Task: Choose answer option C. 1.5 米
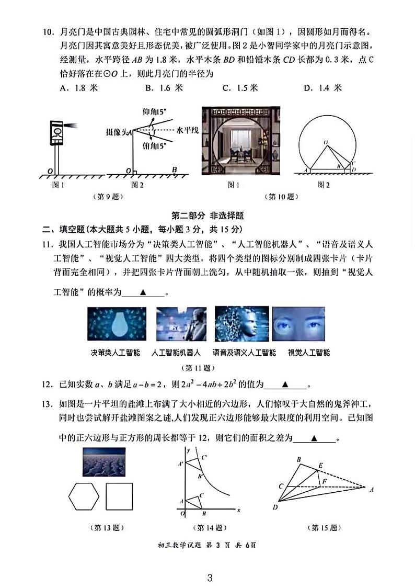tap(240, 88)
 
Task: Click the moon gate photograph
tap(240, 141)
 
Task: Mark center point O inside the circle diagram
tap(325, 142)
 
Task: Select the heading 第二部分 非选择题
tap(208, 215)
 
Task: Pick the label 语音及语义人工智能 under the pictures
tap(244, 353)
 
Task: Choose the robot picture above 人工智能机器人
tap(181, 324)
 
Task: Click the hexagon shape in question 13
tap(84, 496)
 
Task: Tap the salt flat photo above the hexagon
tap(103, 462)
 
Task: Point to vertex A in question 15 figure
tap(371, 490)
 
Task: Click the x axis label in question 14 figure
tap(238, 510)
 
